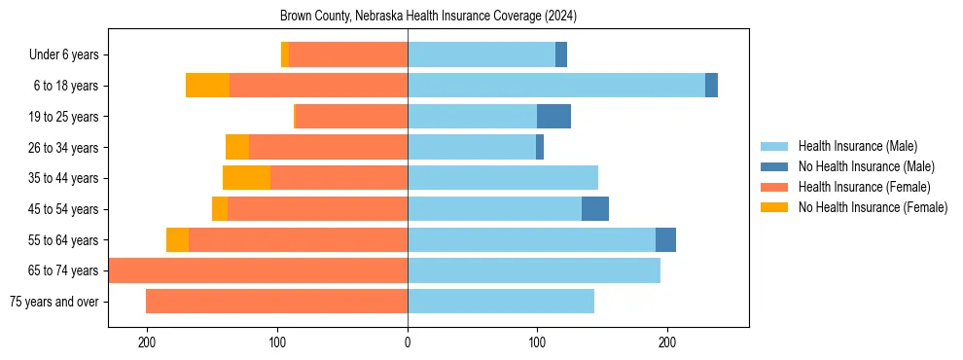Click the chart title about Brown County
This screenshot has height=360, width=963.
[x=429, y=17]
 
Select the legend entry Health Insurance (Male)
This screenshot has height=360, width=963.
[x=857, y=146]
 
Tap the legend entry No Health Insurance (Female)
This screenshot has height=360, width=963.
[x=873, y=207]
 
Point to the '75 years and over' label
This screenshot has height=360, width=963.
[x=54, y=302]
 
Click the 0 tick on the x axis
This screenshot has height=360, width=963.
[x=408, y=342]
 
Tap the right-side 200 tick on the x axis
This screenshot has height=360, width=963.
[x=667, y=342]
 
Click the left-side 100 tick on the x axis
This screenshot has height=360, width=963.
[x=278, y=342]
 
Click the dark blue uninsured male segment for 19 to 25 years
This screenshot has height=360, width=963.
[x=553, y=117]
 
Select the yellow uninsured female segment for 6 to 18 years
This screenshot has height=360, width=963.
[x=207, y=86]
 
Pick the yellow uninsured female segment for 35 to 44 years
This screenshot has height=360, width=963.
[x=246, y=178]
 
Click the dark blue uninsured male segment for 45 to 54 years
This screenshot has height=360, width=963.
[x=595, y=209]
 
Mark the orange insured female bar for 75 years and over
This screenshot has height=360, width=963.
[x=277, y=302]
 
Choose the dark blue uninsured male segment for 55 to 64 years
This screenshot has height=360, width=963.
[x=665, y=240]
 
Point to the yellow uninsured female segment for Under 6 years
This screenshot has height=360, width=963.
[x=285, y=55]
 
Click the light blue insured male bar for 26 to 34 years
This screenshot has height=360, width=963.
[x=472, y=148]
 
